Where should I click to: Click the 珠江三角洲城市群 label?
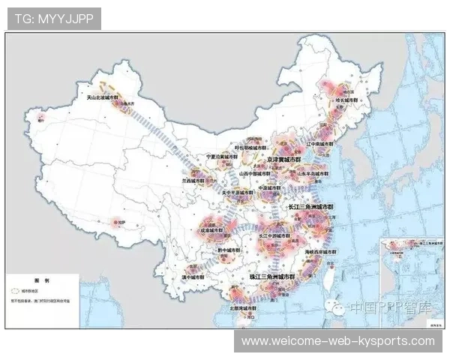(274, 277)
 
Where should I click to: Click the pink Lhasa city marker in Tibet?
(115, 221)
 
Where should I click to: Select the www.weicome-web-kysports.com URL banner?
(338, 341)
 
